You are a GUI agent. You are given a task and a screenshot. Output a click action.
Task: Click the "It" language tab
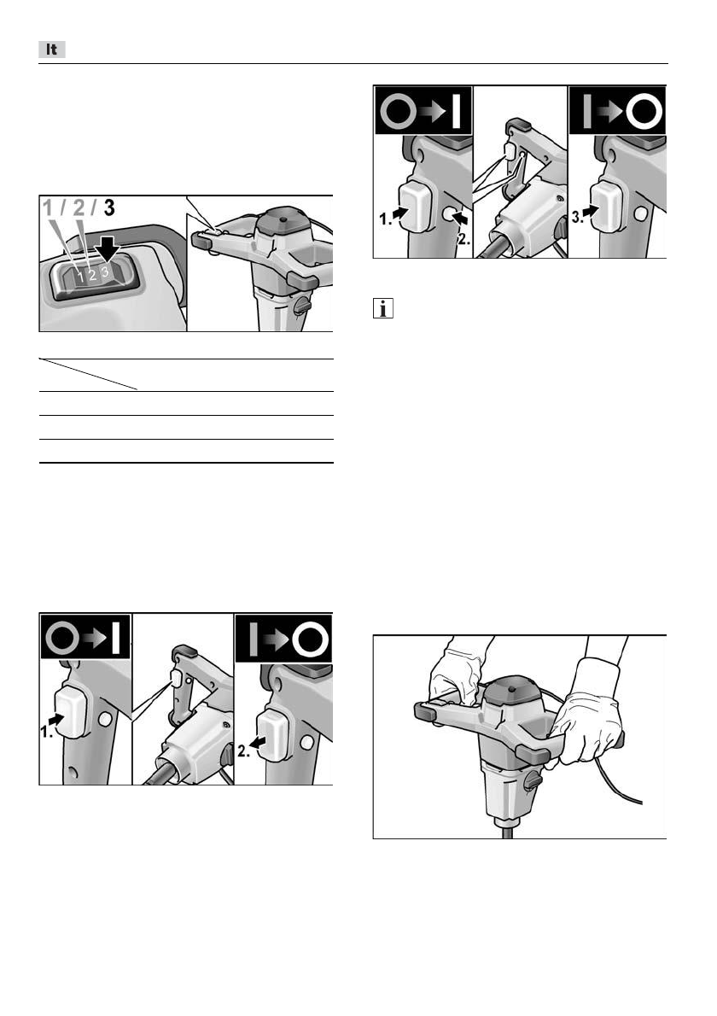(x=52, y=50)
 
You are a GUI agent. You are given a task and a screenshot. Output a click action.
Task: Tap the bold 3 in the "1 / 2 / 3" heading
(x=109, y=208)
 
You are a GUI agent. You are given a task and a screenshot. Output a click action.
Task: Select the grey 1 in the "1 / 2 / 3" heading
(x=49, y=208)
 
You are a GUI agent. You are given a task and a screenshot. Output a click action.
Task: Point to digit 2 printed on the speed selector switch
(x=93, y=276)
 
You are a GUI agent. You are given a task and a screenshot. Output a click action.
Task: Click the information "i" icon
(x=383, y=308)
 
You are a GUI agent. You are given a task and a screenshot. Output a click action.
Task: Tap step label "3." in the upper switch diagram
(x=576, y=218)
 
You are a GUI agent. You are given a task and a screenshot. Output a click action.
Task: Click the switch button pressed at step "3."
(x=606, y=206)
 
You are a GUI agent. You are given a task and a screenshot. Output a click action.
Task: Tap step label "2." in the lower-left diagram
(x=243, y=751)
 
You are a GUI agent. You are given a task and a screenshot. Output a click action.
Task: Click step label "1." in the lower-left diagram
(x=47, y=732)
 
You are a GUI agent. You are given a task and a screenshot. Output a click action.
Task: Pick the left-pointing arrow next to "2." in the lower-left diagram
(x=259, y=744)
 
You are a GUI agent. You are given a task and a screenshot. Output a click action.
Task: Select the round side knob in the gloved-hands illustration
(x=532, y=781)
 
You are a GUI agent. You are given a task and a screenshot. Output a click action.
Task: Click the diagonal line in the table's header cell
(x=88, y=375)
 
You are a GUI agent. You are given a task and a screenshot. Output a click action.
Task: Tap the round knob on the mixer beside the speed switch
(x=301, y=305)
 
